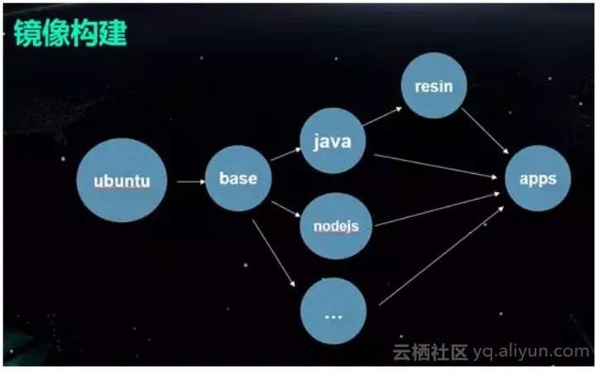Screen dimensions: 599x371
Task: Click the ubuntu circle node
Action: [x=122, y=181]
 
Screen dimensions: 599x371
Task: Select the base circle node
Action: [x=239, y=178]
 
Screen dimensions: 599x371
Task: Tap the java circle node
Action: [x=333, y=141]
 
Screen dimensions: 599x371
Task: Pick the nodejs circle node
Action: [x=336, y=226]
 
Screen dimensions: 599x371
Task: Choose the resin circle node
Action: [x=434, y=85]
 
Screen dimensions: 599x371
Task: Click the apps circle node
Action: [x=538, y=178]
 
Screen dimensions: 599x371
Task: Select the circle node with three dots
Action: [x=333, y=311]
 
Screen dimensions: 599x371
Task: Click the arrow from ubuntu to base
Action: [x=191, y=181]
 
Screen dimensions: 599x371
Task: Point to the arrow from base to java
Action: [x=286, y=154]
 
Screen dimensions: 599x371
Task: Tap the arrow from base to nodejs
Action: [x=285, y=209]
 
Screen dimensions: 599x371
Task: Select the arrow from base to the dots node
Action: [x=274, y=253]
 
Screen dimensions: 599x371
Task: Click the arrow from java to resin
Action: [x=382, y=116]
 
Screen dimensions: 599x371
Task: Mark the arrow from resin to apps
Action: [x=485, y=131]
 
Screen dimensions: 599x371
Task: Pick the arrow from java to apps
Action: [x=435, y=166]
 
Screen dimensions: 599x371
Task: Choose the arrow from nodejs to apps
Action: [x=438, y=210]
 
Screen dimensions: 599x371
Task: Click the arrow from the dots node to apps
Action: [x=442, y=256]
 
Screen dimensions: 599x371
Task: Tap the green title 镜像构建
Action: [x=70, y=33]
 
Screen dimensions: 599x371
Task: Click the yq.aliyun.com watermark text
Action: [x=531, y=351]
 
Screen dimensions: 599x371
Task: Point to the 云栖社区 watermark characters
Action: [x=430, y=352]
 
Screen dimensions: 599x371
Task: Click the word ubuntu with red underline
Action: [x=122, y=181]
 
